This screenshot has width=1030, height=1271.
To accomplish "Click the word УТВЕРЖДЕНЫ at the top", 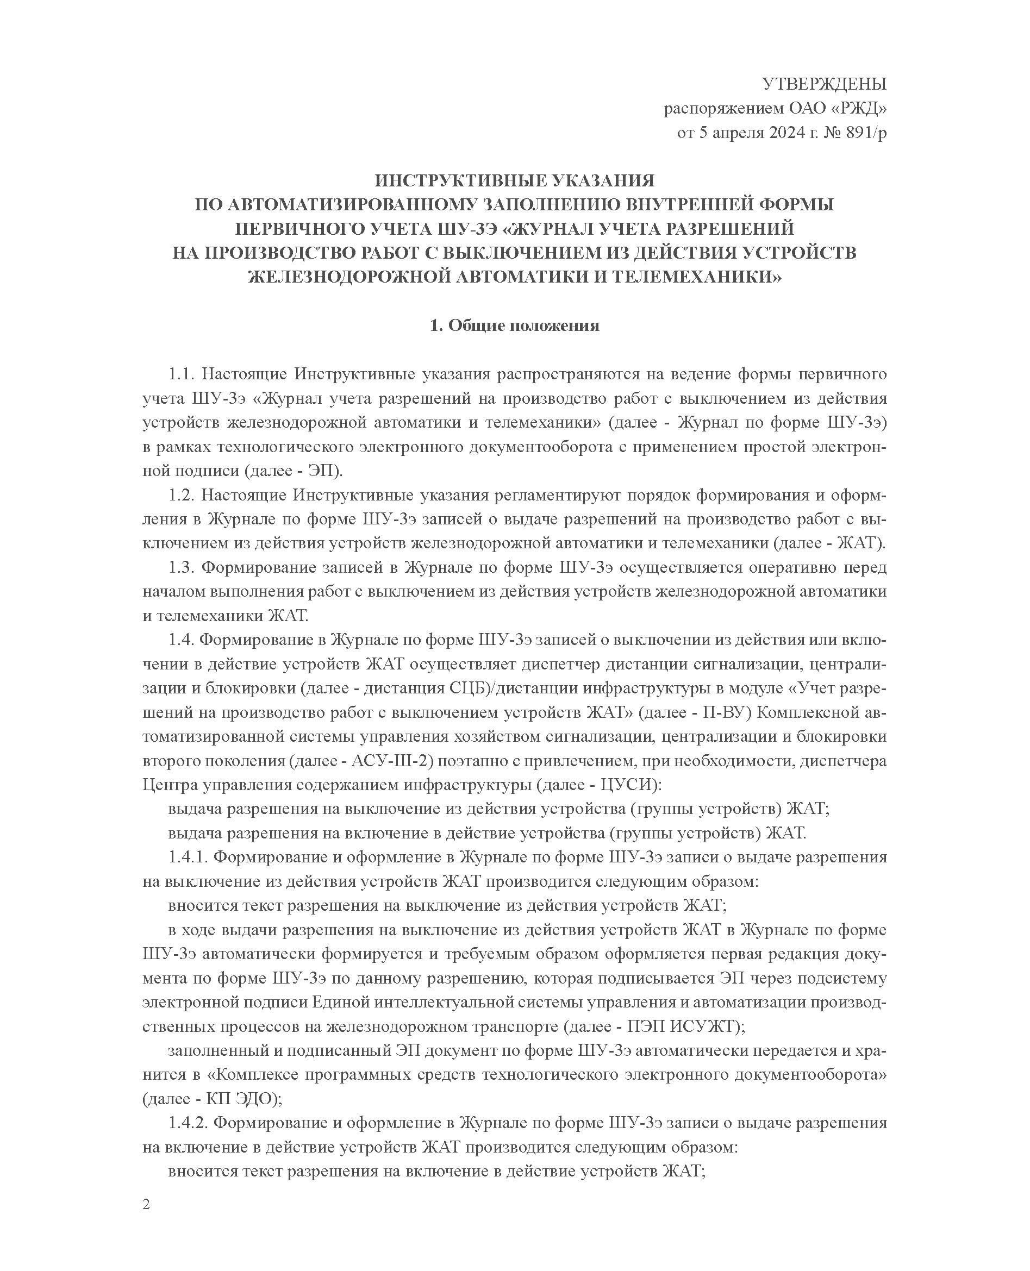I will click(824, 84).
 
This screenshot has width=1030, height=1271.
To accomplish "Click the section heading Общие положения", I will click(523, 325).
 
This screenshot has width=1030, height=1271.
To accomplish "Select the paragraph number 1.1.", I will click(182, 374).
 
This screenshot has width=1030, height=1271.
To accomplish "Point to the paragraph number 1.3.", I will click(182, 568).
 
